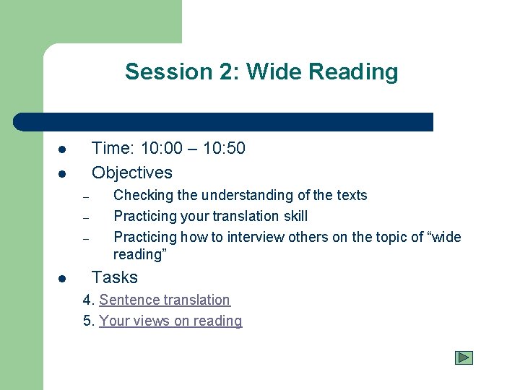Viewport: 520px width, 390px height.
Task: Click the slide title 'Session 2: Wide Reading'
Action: click(x=261, y=71)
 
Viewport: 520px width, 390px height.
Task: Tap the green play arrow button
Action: click(x=464, y=357)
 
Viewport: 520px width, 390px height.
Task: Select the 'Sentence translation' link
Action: click(x=165, y=300)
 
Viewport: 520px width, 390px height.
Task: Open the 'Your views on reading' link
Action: click(x=170, y=321)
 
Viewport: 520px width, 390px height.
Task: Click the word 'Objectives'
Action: click(x=132, y=173)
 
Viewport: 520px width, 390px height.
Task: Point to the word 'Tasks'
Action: click(x=115, y=277)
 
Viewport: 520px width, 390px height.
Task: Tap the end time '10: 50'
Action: click(x=224, y=149)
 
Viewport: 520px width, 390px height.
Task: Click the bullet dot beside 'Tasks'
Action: click(x=63, y=279)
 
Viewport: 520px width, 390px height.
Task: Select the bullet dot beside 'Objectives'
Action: click(x=63, y=174)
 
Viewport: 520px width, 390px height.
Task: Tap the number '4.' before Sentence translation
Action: click(x=89, y=300)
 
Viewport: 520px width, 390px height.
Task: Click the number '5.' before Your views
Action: click(x=89, y=321)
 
